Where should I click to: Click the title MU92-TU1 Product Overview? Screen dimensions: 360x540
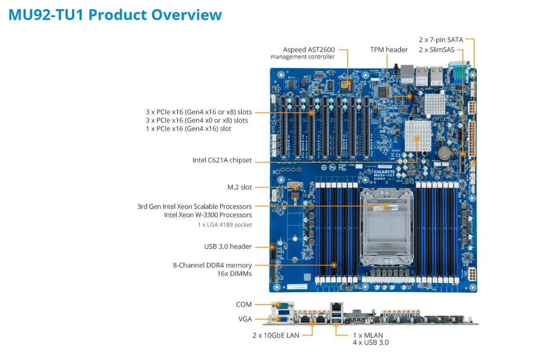pos(115,15)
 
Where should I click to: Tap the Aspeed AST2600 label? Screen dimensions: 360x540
pos(307,49)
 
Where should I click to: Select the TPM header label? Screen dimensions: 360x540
pos(389,49)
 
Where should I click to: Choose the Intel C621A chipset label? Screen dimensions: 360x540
pos(222,160)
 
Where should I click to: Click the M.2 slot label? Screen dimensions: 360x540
pos(240,187)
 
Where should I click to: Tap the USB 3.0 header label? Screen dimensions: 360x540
pos(228,246)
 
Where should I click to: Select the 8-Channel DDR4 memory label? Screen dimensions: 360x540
pos(212,265)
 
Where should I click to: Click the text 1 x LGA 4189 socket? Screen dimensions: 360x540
pos(224,224)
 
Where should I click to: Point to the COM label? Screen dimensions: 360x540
pos(244,304)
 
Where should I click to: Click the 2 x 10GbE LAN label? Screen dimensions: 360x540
pos(274,335)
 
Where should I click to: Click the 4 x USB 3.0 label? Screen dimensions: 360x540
pos(370,343)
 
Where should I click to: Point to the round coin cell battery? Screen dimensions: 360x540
pos(444,152)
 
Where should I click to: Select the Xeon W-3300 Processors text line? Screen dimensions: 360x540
pos(208,215)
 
